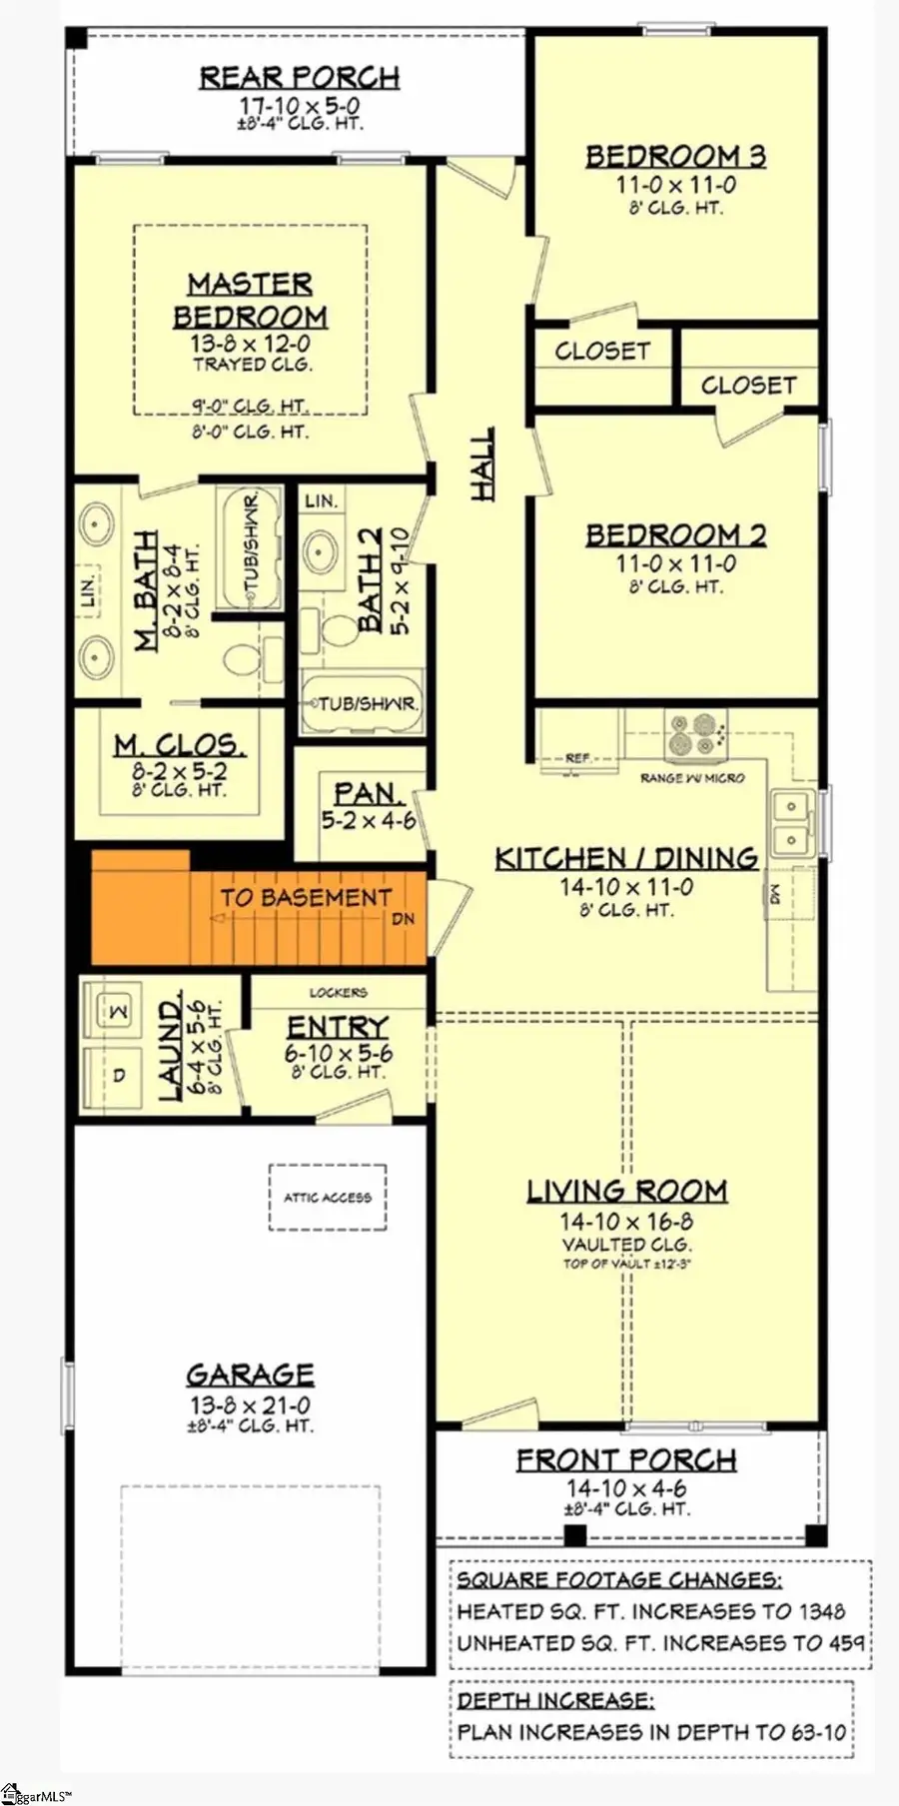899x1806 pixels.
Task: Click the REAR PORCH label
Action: coord(300,77)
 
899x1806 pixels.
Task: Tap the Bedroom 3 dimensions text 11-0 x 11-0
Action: coord(675,185)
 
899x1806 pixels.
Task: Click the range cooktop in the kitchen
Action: coord(693,734)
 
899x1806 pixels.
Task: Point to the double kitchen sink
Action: coord(791,822)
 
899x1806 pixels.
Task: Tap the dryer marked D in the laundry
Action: coord(118,1076)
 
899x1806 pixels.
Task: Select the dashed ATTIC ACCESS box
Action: coord(328,1197)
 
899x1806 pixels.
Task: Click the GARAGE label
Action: coord(250,1374)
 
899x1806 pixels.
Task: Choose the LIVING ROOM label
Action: coord(626,1191)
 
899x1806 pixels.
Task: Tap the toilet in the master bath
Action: coord(242,659)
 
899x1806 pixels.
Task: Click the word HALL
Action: coord(482,464)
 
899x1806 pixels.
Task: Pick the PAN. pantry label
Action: coord(368,793)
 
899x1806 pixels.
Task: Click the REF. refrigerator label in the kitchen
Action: coord(577,758)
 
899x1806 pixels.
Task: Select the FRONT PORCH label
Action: coord(626,1460)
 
